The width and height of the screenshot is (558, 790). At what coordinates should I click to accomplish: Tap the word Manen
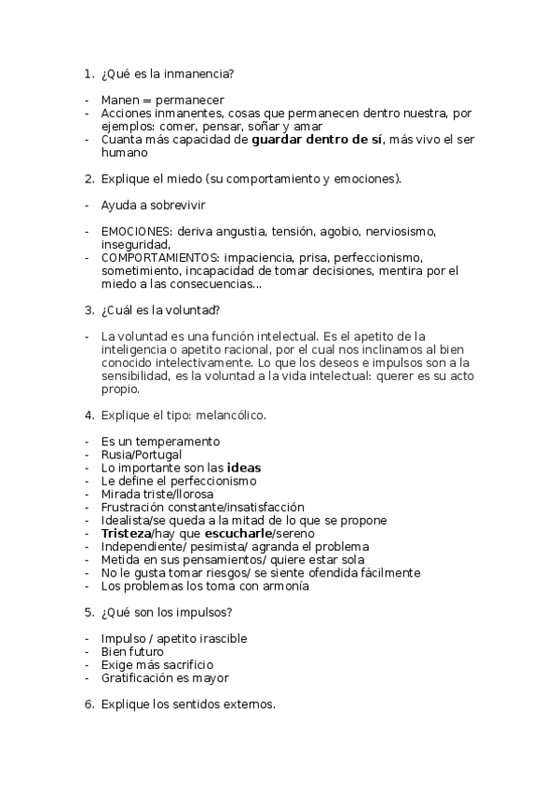point(119,101)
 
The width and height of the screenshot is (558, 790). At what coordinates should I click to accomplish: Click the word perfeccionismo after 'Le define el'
point(209,480)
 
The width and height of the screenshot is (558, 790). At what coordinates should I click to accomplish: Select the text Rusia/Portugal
point(142,454)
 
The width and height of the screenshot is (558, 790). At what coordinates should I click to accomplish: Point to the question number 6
point(88,704)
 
